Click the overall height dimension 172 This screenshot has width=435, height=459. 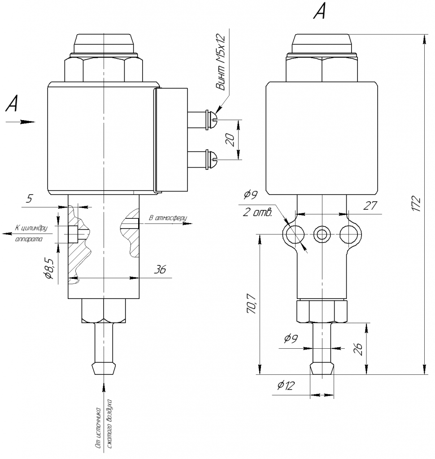pyautogui.click(x=417, y=204)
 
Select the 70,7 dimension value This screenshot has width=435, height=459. pyautogui.click(x=251, y=304)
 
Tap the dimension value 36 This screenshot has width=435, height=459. pyautogui.click(x=160, y=269)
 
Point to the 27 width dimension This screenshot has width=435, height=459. pyautogui.click(x=370, y=205)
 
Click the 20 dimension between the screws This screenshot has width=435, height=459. pyautogui.click(x=231, y=140)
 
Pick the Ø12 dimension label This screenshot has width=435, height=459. pyautogui.click(x=286, y=385)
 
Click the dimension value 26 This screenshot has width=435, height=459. pyautogui.click(x=358, y=349)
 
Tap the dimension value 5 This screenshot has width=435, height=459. pyautogui.click(x=29, y=199)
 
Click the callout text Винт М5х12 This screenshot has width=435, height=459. pyautogui.click(x=221, y=62)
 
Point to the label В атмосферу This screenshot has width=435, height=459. pyautogui.click(x=168, y=218)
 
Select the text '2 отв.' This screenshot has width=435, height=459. pyautogui.click(x=258, y=212)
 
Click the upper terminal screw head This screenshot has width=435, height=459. pyautogui.click(x=212, y=120)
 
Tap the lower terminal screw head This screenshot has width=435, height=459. pyautogui.click(x=212, y=159)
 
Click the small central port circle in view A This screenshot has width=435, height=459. pyautogui.click(x=322, y=234)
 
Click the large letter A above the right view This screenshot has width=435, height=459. pyautogui.click(x=320, y=12)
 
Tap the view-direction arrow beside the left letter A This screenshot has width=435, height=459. pyautogui.click(x=20, y=122)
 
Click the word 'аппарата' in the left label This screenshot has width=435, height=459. pyautogui.click(x=29, y=239)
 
